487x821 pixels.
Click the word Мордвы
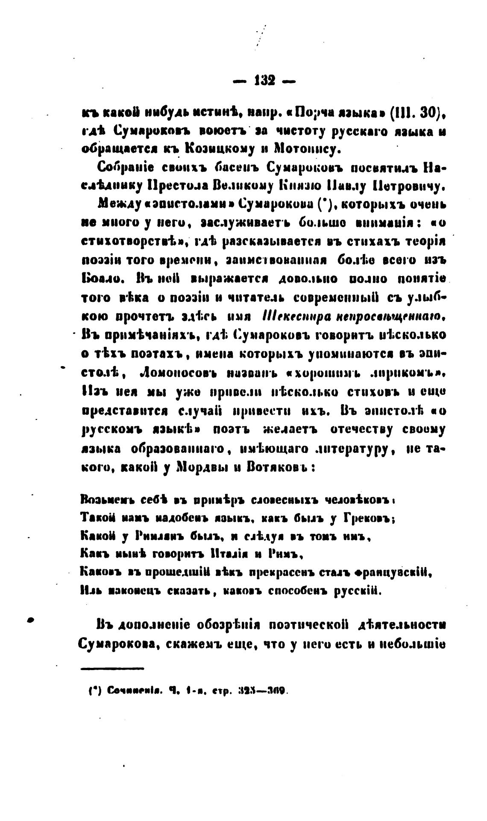[x=200, y=467]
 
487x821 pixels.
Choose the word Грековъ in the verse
[x=367, y=518]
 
